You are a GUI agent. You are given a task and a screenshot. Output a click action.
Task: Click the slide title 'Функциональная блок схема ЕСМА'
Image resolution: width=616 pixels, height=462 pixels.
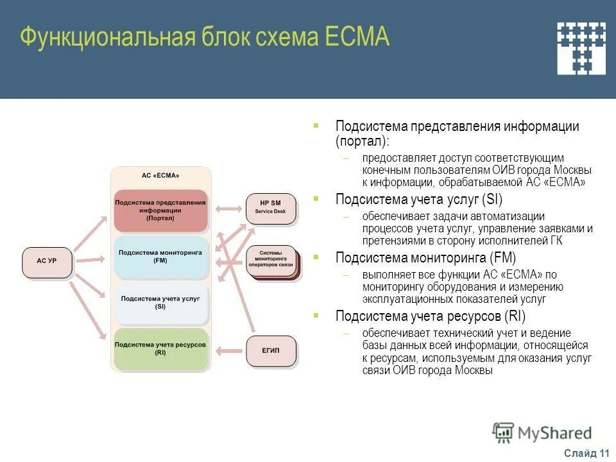point(205,37)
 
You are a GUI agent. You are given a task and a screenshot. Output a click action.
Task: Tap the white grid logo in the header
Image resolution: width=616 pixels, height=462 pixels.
point(581,48)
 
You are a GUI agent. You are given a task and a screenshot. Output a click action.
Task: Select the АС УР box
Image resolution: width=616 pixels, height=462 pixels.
point(47,262)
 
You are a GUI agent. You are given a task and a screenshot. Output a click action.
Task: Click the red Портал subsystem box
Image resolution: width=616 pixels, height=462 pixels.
point(160,210)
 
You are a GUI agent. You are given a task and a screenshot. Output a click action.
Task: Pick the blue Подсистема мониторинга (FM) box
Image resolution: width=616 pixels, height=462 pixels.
point(160,257)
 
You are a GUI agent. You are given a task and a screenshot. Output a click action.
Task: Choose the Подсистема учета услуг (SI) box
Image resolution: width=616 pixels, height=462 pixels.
point(160,303)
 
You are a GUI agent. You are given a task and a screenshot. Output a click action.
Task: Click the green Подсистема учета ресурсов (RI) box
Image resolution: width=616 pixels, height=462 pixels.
point(160,348)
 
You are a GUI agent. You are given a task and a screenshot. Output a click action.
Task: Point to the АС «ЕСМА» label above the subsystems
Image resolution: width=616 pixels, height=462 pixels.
point(160,176)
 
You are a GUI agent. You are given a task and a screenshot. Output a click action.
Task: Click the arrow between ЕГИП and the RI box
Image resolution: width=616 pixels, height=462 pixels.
point(228,350)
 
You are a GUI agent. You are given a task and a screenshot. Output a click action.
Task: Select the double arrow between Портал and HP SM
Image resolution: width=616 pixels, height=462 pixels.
point(228,209)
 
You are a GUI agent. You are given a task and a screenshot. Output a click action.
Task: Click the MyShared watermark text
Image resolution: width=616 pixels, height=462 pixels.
point(555,433)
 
